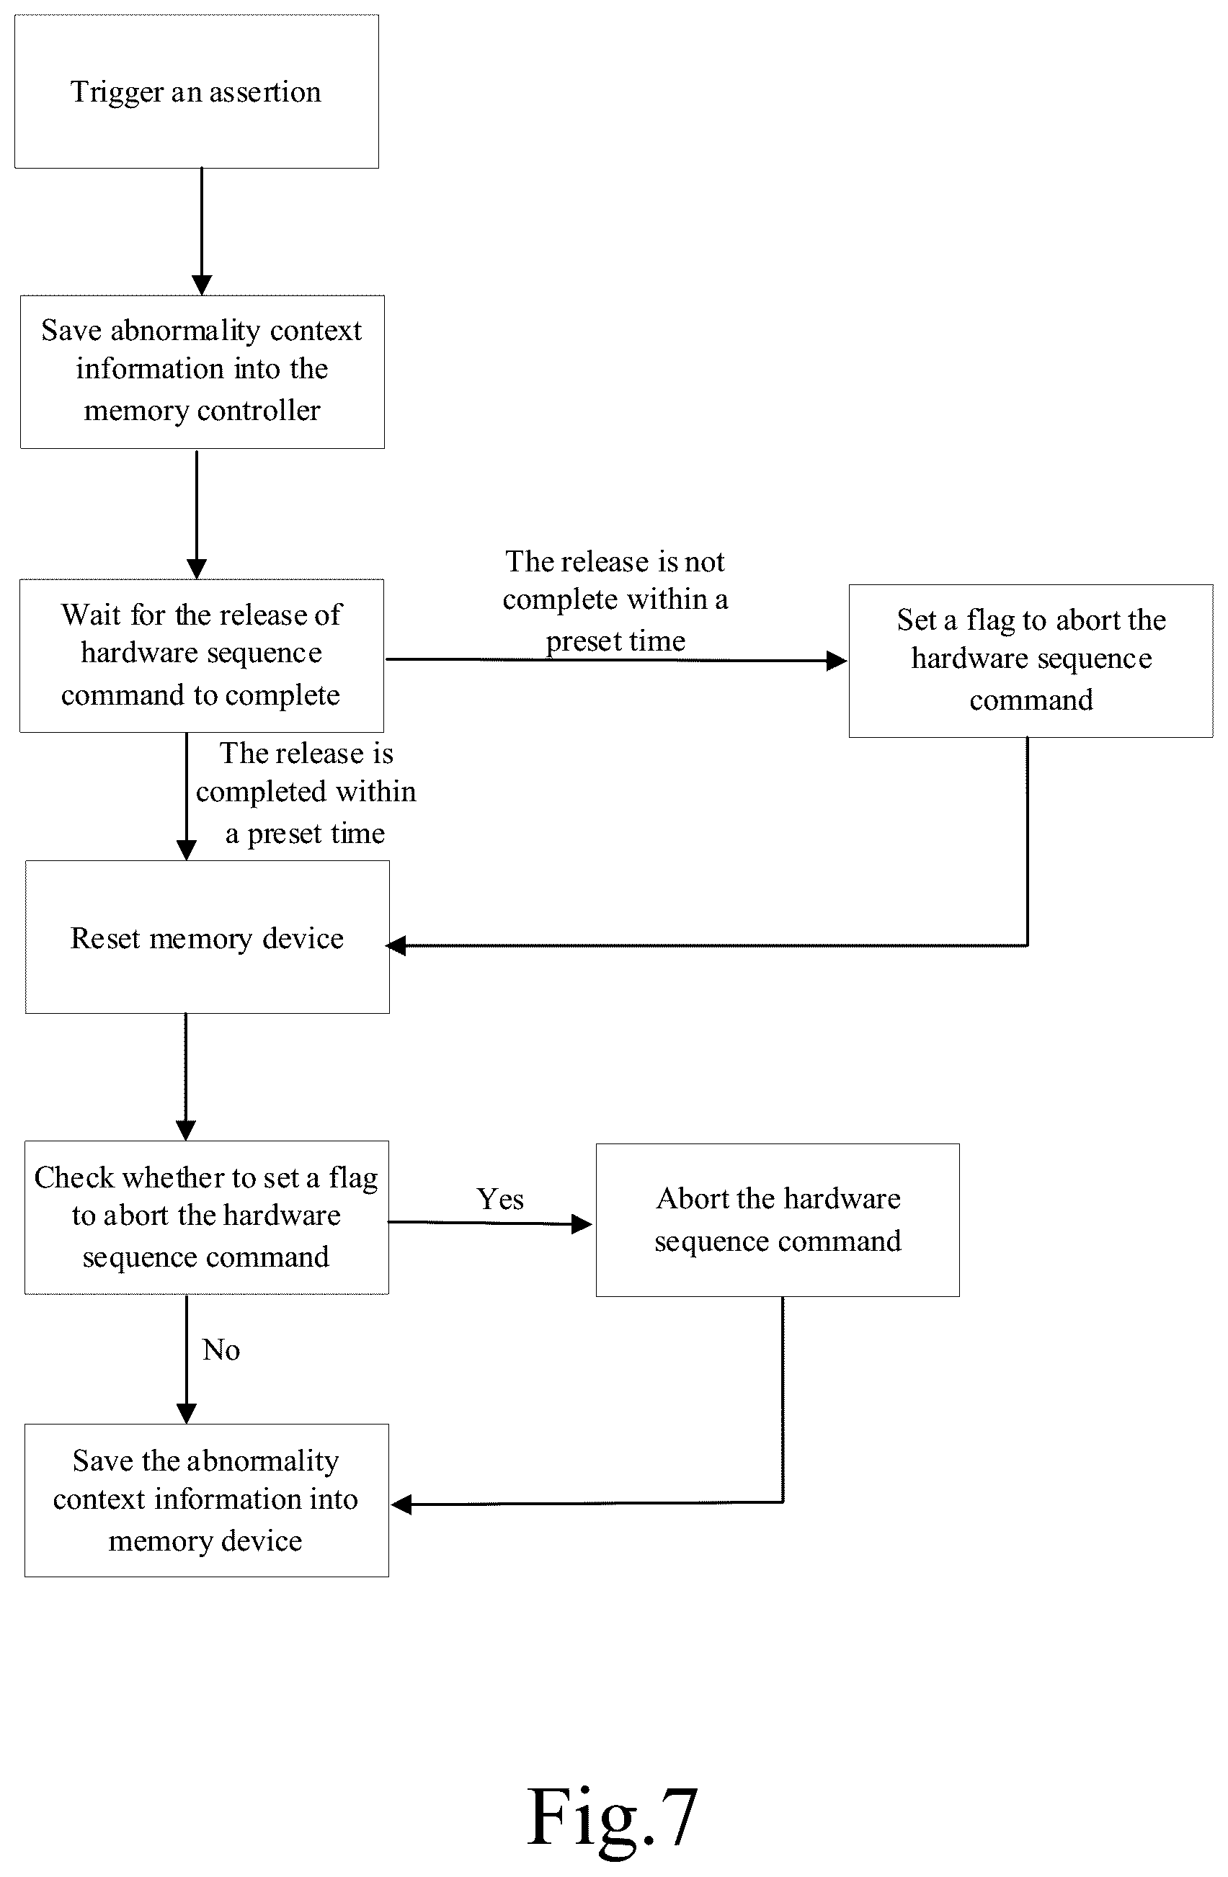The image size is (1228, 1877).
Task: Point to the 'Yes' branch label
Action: (x=500, y=1200)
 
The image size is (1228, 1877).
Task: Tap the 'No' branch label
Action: (x=221, y=1350)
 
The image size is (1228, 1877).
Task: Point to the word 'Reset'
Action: (x=105, y=938)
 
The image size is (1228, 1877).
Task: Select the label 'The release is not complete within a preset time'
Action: (x=615, y=601)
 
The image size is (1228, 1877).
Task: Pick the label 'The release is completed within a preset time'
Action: (x=306, y=793)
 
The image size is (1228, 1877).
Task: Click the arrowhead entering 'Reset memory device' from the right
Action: (x=396, y=945)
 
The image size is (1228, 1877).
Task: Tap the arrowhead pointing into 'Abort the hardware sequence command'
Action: (x=582, y=1224)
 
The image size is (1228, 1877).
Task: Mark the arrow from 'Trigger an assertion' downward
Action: (x=202, y=232)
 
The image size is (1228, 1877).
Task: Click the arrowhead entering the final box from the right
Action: (x=401, y=1504)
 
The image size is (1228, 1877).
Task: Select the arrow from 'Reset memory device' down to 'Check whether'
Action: (x=186, y=1077)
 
